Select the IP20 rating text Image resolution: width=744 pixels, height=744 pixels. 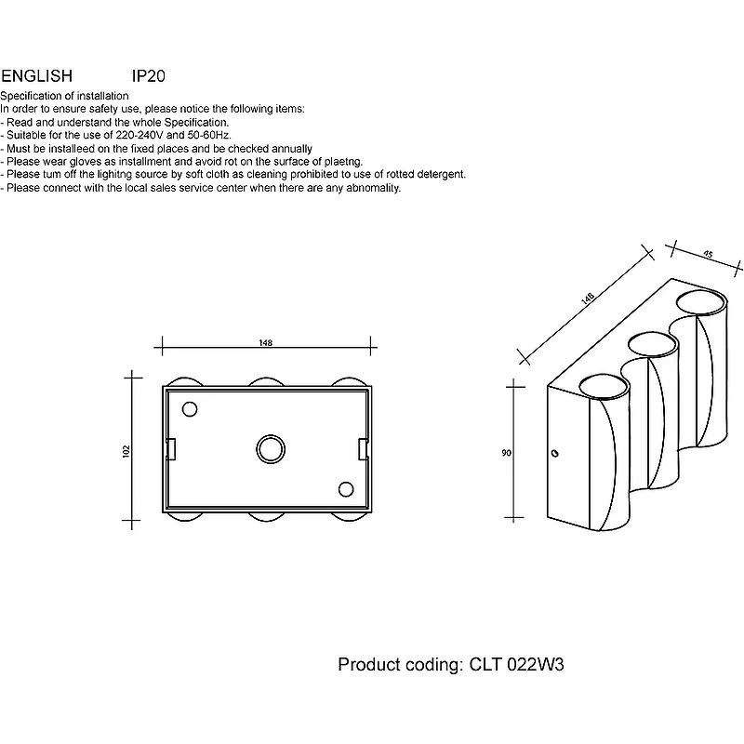pos(149,76)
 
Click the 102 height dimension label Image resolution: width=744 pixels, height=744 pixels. pos(126,450)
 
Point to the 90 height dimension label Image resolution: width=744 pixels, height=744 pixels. pos(505,453)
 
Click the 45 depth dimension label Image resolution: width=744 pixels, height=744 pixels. pos(708,255)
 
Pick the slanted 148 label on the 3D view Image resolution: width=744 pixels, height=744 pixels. pos(587,299)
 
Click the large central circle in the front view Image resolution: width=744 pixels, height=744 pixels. pos(270,448)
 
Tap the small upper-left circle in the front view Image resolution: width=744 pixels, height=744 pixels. pos(191,409)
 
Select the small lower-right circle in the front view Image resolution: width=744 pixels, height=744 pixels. pos(346,489)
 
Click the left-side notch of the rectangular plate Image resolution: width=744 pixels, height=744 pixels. pos(171,448)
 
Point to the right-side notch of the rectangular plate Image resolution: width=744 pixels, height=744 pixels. pos(363,448)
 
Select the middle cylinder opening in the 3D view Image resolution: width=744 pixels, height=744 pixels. pos(652,343)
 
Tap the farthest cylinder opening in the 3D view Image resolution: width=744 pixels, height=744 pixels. pos(698,301)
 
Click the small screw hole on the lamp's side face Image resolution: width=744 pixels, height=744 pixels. pos(555,453)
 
